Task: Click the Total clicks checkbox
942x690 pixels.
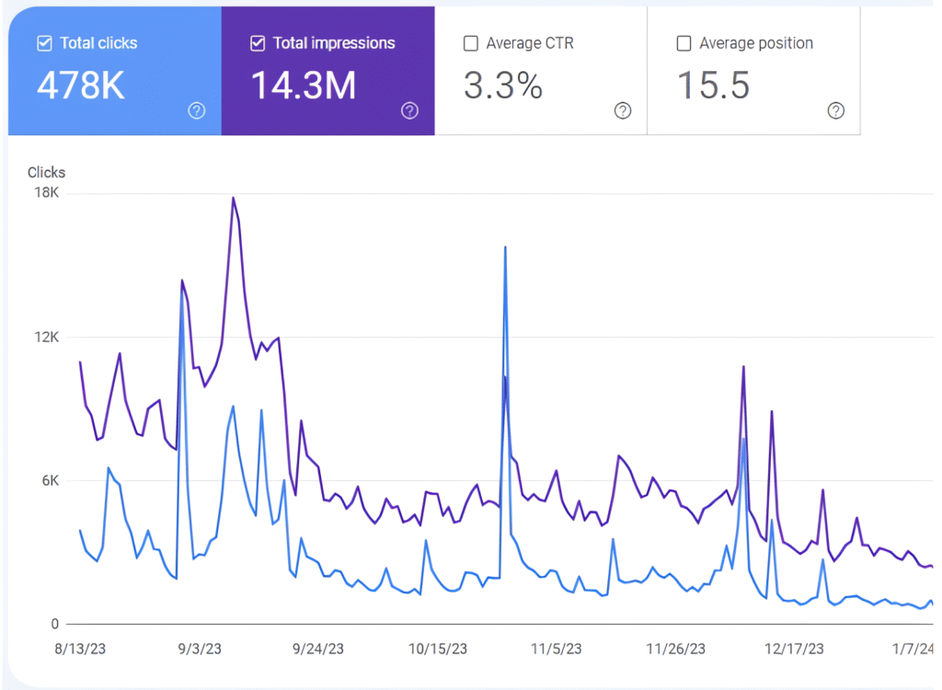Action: [44, 43]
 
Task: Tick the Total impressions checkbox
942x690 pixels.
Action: [258, 43]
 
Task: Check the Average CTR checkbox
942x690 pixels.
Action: [471, 43]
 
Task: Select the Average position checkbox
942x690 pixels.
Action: [684, 43]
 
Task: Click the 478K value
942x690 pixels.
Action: [81, 86]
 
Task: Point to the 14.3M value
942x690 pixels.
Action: [303, 86]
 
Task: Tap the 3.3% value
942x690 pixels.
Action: [502, 86]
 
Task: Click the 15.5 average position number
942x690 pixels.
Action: [713, 86]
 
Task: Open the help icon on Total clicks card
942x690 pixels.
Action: [197, 111]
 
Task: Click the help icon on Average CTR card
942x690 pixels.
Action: [623, 111]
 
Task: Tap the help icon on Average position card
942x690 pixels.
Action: [835, 111]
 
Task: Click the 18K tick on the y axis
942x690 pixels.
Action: [47, 193]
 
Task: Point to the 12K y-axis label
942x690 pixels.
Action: [47, 338]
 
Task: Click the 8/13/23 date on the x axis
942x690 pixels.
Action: [80, 650]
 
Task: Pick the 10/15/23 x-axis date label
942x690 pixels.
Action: [437, 650]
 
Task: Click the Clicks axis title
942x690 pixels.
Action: [46, 172]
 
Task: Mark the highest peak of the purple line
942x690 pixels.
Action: [234, 198]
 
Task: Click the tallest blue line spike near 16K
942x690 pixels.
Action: [505, 247]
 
